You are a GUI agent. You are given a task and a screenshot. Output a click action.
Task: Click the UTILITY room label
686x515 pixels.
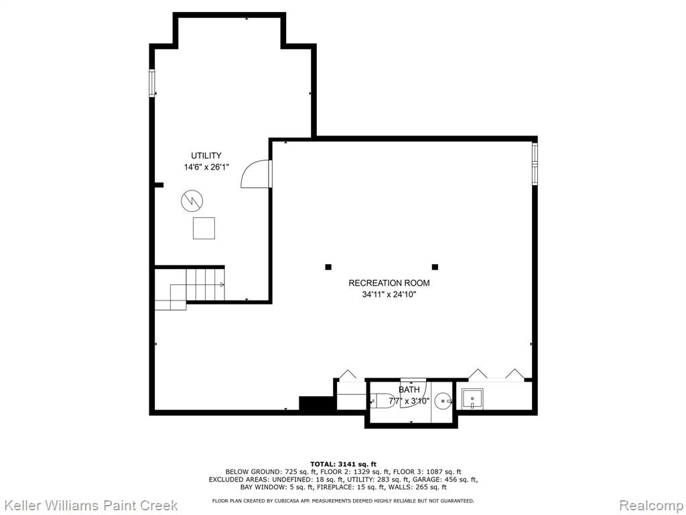pyautogui.click(x=206, y=156)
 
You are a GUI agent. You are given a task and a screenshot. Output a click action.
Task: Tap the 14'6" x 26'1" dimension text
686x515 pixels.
pyautogui.click(x=206, y=167)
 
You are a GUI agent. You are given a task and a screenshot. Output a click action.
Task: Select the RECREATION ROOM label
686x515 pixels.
pyautogui.click(x=389, y=283)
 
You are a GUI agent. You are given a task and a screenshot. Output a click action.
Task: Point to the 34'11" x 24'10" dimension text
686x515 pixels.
pyautogui.click(x=389, y=295)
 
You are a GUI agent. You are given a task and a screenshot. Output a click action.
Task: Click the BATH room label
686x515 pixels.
pyautogui.click(x=409, y=390)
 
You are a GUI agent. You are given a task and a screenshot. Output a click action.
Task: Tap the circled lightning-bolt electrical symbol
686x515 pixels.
pyautogui.click(x=192, y=201)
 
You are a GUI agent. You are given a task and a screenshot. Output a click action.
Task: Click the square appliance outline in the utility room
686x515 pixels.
pyautogui.click(x=204, y=228)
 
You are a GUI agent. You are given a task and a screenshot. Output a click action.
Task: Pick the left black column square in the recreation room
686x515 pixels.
pyautogui.click(x=328, y=267)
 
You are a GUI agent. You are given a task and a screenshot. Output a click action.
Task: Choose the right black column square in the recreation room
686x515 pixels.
pyautogui.click(x=435, y=267)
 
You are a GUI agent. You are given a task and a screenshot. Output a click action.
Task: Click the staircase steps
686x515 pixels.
pyautogui.click(x=190, y=289)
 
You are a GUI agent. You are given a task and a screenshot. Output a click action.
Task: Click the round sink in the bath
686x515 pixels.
pyautogui.click(x=443, y=401)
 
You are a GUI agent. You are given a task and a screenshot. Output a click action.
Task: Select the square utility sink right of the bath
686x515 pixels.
pyautogui.click(x=472, y=398)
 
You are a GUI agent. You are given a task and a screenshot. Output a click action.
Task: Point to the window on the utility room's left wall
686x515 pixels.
pyautogui.click(x=152, y=82)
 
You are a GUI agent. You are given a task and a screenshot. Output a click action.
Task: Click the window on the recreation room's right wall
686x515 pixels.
pyautogui.click(x=535, y=163)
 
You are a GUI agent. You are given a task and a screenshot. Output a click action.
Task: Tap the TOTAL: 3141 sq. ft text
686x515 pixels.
pyautogui.click(x=344, y=464)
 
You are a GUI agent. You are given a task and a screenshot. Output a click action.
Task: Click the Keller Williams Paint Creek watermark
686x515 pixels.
pyautogui.click(x=91, y=506)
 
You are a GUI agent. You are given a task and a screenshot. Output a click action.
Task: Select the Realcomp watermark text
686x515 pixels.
pyautogui.click(x=650, y=506)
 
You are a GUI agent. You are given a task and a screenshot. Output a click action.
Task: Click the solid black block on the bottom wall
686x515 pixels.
pyautogui.click(x=317, y=403)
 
